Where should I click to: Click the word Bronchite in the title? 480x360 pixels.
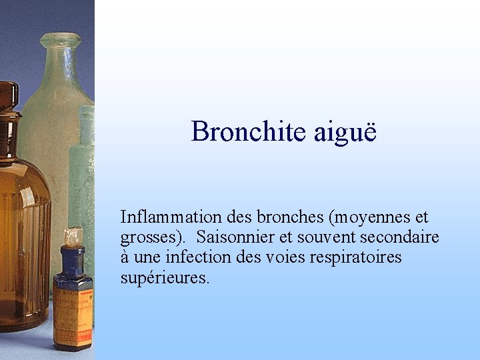click(x=249, y=131)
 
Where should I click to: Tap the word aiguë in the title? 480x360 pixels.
click(x=345, y=131)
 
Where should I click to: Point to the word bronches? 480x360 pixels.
click(x=291, y=217)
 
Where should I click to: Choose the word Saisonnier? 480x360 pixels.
click(x=239, y=237)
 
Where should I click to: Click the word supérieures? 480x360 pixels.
click(x=164, y=277)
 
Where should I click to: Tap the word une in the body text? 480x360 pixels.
click(x=147, y=258)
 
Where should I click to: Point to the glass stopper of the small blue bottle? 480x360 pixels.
click(x=73, y=235)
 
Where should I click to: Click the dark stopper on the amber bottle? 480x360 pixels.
click(x=8, y=97)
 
